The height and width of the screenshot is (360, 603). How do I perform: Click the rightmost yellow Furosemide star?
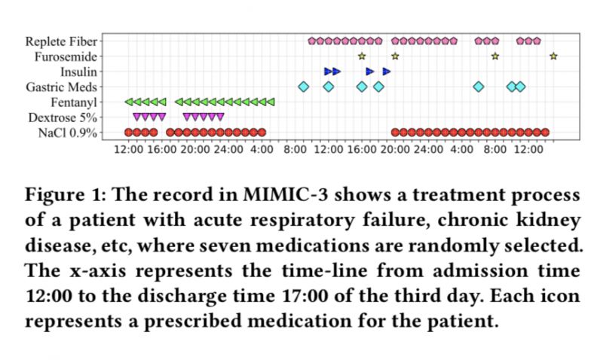tap(553, 56)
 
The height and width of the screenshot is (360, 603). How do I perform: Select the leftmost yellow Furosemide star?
tap(362, 56)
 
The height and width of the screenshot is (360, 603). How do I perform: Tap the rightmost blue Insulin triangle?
tap(387, 72)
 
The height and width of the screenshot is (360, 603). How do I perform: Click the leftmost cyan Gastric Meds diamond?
tap(304, 87)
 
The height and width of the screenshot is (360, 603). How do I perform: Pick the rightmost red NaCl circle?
tap(545, 133)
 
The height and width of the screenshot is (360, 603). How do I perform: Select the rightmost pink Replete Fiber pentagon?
tap(537, 41)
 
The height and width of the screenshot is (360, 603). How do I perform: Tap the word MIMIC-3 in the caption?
tap(282, 198)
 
